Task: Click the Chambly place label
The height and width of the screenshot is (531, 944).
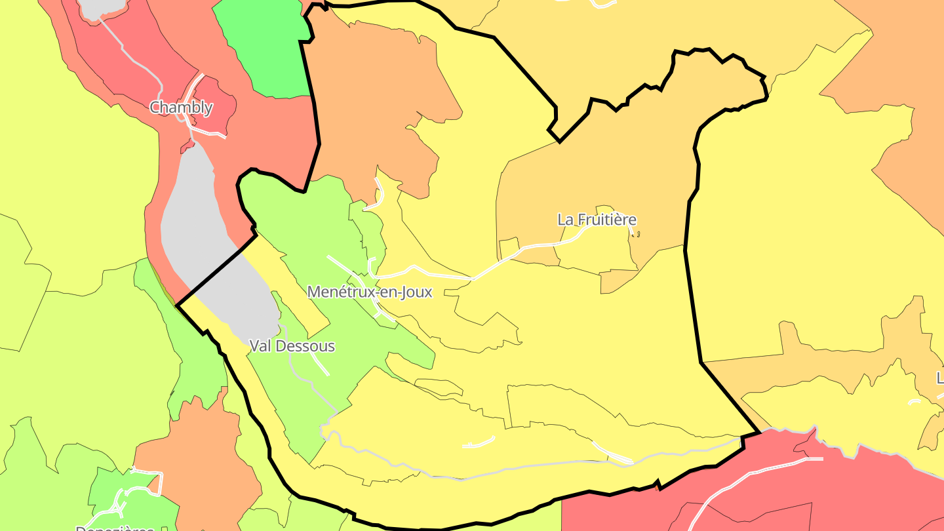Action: click(x=181, y=108)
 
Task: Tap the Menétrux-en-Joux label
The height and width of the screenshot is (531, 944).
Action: click(x=370, y=292)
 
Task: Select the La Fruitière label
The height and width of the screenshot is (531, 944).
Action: click(x=597, y=220)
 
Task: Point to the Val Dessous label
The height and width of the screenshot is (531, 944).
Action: click(x=292, y=346)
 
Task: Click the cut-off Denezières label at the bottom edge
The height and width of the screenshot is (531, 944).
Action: click(x=115, y=527)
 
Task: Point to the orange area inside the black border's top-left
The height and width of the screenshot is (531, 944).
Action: click(x=374, y=98)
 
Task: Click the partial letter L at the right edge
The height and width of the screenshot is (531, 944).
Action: click(x=940, y=378)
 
